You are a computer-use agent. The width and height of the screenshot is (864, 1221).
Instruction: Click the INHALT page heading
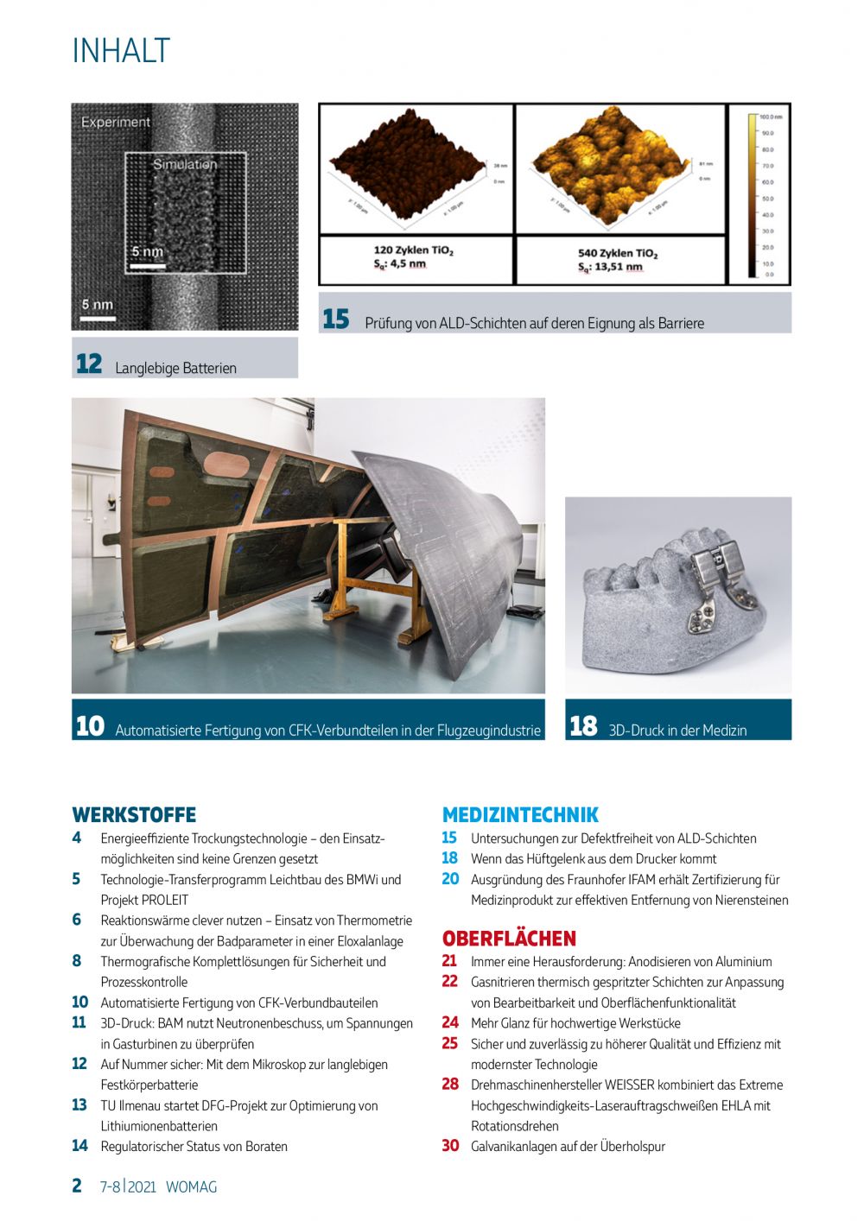point(121,51)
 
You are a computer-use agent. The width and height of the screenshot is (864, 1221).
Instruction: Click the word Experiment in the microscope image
point(116,123)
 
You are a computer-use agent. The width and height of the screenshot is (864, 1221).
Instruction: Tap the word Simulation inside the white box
point(185,164)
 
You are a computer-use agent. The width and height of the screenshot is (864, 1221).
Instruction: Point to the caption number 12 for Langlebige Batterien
point(89,364)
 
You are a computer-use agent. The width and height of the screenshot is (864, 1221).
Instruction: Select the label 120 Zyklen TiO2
point(413,250)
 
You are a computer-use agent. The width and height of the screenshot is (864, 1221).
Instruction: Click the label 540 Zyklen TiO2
point(618,253)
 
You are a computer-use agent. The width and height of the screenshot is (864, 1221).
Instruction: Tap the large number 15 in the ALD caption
point(336,319)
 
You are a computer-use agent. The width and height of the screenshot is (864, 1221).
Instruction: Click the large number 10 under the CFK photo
point(90,726)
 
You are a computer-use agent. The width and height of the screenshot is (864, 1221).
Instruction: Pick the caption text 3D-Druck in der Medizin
point(677,731)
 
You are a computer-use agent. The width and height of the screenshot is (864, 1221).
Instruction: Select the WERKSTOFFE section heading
point(134,815)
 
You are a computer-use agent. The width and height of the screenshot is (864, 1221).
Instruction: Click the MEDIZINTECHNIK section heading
point(520,815)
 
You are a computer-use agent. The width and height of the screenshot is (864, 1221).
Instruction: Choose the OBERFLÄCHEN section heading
point(509,939)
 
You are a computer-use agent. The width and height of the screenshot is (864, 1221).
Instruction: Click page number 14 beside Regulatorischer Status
point(79,1146)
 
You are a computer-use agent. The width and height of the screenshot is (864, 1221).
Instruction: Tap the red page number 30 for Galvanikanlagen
point(450,1146)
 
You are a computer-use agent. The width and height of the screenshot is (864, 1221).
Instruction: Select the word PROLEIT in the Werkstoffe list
point(165,900)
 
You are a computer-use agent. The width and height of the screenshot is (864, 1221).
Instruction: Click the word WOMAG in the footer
point(191,1187)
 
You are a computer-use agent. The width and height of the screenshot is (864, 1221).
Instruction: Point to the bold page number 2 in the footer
point(77,1186)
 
